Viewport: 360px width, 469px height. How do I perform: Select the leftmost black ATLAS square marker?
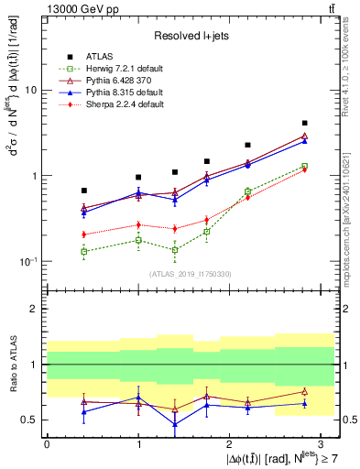[x=84, y=191]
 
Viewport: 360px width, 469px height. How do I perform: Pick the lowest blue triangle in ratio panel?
[x=175, y=424]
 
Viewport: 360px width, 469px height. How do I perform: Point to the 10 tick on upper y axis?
[x=31, y=91]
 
